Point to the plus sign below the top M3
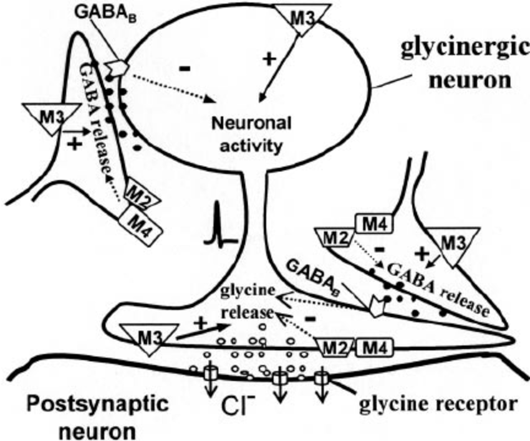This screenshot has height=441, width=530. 270,59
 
